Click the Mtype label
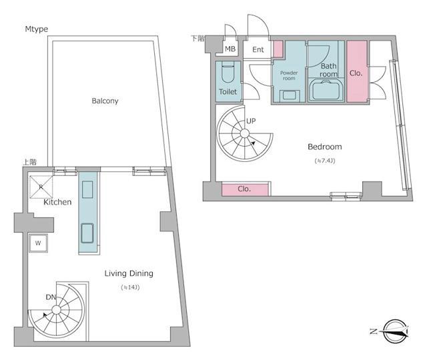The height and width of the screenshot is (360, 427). tap(37, 29)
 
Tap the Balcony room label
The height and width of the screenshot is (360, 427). tap(105, 101)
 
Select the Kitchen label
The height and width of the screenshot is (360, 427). tap(57, 202)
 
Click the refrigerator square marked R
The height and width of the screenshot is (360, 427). tap(41, 187)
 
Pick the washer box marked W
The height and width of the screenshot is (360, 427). tap(38, 243)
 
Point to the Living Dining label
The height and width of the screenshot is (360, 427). tap(129, 273)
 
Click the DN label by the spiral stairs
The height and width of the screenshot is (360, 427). tap(51, 297)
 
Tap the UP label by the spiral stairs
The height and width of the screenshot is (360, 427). tap(251, 121)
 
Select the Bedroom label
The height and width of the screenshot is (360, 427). tap(325, 147)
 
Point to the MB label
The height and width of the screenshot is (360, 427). tap(230, 49)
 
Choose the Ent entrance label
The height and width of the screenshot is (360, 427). tap(258, 49)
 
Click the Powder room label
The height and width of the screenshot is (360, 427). tap(289, 75)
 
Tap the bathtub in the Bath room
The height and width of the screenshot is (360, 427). tap(326, 89)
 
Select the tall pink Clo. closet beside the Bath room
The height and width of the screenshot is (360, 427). tap(356, 71)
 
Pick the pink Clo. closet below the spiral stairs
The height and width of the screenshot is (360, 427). tap(245, 189)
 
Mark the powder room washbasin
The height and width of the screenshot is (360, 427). tap(289, 95)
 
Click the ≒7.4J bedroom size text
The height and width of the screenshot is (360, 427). tap(325, 161)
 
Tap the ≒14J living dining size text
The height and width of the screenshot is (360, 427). tap(130, 287)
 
